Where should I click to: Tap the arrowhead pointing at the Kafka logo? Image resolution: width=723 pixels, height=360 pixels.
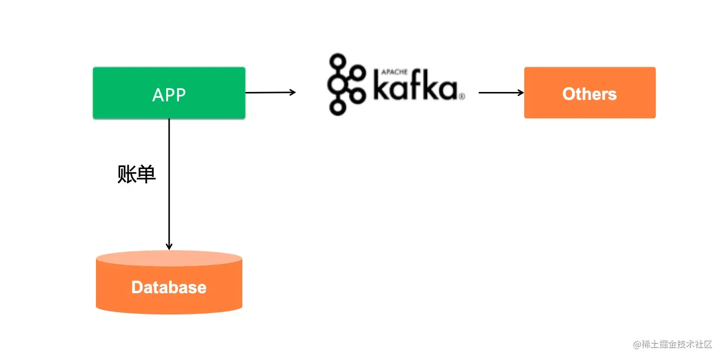pos(293,92)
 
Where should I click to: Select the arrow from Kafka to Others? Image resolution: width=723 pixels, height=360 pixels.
pos(499,92)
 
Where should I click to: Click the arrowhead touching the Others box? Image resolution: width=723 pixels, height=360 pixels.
pos(521,92)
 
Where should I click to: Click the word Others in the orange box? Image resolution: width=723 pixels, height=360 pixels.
pos(589,94)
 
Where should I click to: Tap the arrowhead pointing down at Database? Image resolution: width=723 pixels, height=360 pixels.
pos(169,246)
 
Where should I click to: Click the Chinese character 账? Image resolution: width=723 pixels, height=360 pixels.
pos(127,174)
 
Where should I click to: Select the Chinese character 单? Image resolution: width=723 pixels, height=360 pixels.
pos(146,174)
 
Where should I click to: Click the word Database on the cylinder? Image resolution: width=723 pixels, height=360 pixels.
pos(169,287)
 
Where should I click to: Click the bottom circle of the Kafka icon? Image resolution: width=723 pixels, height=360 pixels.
pos(338,107)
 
